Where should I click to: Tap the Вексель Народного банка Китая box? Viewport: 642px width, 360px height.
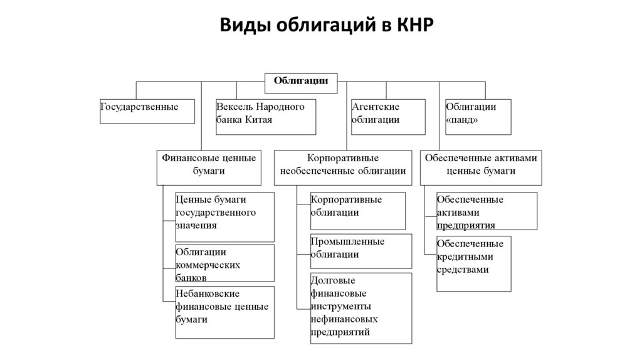[265, 117]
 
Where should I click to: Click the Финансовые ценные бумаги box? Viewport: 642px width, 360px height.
[209, 167]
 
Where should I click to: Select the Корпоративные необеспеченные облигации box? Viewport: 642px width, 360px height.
[342, 167]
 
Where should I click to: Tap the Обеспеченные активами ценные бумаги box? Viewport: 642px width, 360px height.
[481, 167]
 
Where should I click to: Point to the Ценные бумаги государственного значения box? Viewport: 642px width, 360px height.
[224, 216]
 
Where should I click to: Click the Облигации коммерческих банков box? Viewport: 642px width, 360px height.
[224, 263]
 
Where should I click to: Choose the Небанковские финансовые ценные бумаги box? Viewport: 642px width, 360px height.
[224, 312]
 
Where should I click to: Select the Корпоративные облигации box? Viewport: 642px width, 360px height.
[357, 210]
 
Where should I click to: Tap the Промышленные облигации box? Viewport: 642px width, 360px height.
[360, 251]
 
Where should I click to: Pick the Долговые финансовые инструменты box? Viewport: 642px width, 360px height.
[360, 308]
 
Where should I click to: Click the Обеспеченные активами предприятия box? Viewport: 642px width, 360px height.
[486, 211]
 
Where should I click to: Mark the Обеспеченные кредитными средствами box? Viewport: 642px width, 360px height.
[473, 263]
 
